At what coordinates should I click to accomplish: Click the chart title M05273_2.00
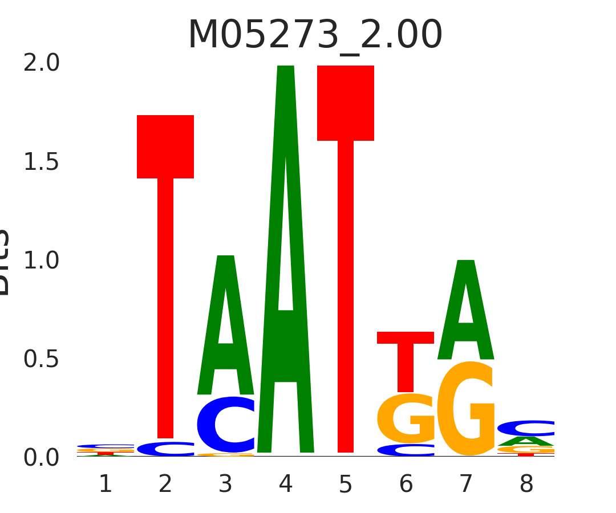tap(315, 35)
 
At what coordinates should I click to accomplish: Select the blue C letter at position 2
tap(165, 449)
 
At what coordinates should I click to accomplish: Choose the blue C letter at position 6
tap(406, 450)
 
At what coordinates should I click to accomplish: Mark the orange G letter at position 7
tap(466, 409)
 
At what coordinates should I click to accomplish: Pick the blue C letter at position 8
tap(526, 428)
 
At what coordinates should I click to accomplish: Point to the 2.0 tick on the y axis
tap(41, 63)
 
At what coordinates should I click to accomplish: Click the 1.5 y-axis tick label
tap(41, 162)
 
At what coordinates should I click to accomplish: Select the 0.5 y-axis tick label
tap(41, 359)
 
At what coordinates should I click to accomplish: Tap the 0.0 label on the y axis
tap(41, 458)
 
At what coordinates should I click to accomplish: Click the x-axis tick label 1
tap(106, 484)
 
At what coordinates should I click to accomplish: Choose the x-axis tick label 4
tap(286, 484)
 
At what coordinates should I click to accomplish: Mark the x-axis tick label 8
tap(526, 484)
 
